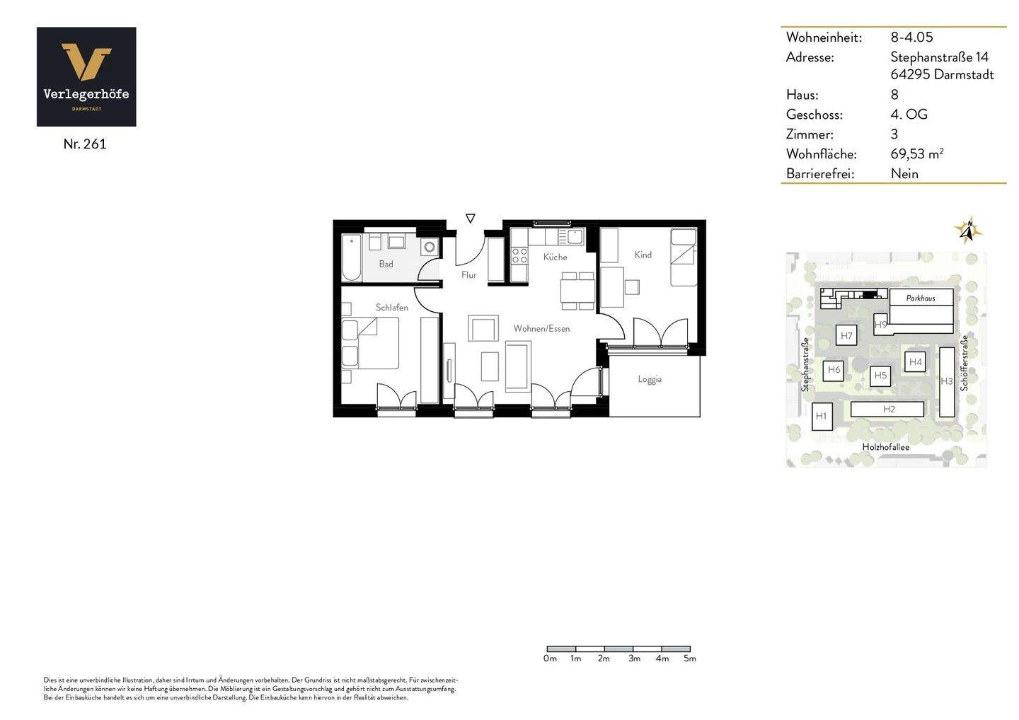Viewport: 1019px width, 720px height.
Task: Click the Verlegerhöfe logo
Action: click(x=86, y=77)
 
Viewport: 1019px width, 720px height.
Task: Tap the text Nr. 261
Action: click(x=85, y=144)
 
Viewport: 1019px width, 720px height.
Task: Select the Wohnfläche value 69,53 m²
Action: click(x=916, y=153)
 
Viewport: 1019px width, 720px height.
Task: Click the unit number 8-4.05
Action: click(x=911, y=37)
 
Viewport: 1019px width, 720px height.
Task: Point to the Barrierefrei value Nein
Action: click(x=904, y=173)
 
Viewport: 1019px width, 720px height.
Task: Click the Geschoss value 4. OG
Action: click(x=909, y=114)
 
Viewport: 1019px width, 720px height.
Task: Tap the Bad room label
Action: click(x=386, y=264)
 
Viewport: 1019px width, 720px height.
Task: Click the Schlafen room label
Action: click(x=391, y=308)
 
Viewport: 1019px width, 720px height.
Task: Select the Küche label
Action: click(x=555, y=257)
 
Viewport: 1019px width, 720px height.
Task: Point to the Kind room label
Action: click(x=643, y=255)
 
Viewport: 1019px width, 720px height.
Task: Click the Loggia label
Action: click(x=649, y=379)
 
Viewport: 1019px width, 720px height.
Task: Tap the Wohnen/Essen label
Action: click(x=541, y=328)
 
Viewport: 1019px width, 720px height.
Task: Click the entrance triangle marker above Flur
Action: click(x=471, y=219)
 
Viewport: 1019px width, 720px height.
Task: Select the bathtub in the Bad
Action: click(x=351, y=257)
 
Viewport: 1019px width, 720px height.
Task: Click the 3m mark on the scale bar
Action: click(x=633, y=658)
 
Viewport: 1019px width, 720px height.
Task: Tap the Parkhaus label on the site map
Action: click(x=921, y=298)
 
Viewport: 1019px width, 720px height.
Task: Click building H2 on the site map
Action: click(x=888, y=409)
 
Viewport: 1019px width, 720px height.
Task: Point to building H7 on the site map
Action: click(x=846, y=336)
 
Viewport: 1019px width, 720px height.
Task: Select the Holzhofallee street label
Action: click(x=885, y=447)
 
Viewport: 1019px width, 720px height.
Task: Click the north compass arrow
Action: click(x=969, y=230)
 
